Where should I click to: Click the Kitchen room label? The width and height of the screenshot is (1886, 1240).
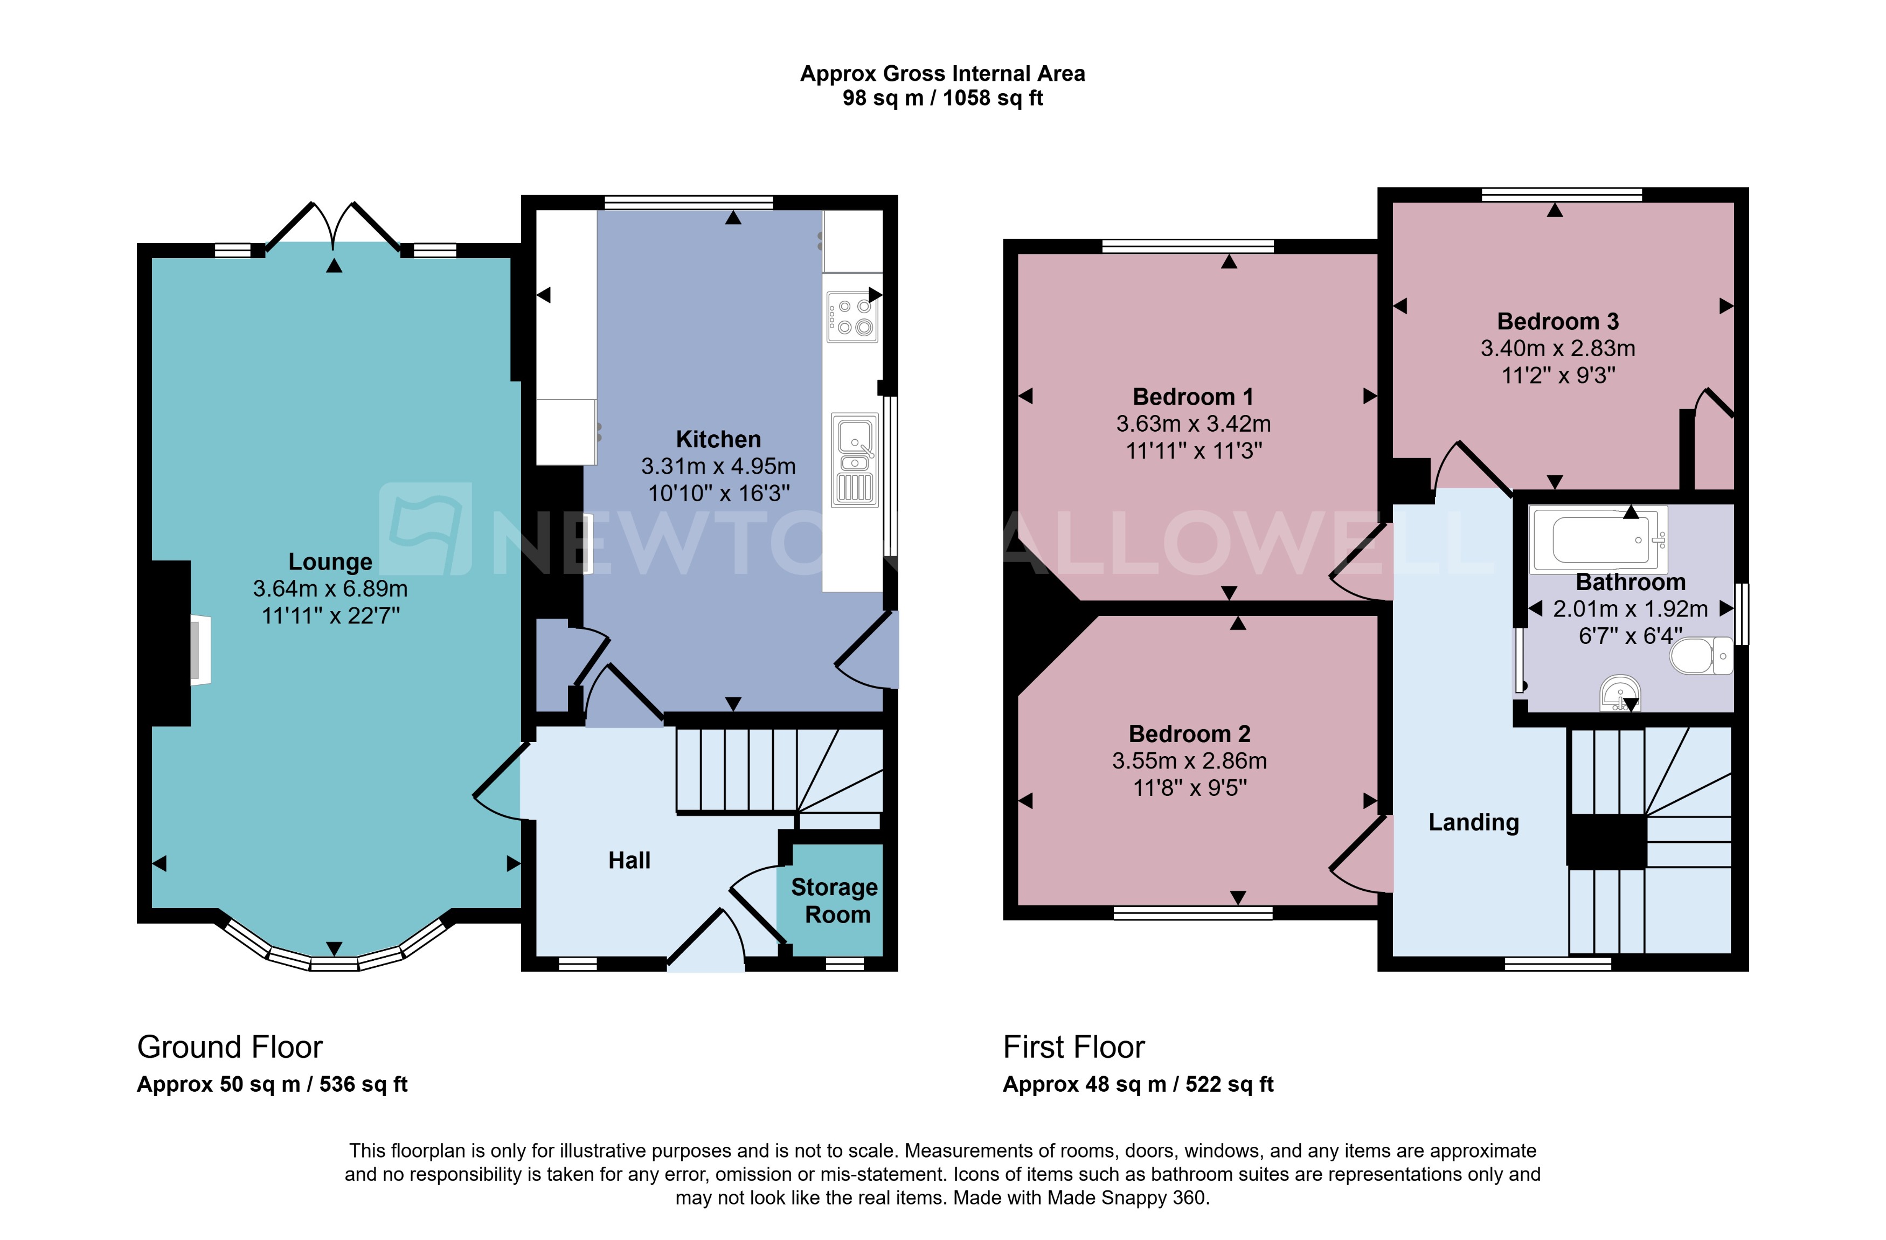click(718, 439)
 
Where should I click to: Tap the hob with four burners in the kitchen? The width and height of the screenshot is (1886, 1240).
click(852, 317)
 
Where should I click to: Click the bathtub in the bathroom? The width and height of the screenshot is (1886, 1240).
click(1599, 539)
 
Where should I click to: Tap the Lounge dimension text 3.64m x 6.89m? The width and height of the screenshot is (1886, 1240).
click(330, 588)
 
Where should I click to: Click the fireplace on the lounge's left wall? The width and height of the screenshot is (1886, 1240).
click(200, 650)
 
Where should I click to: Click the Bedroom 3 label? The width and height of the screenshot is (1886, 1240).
click(1557, 322)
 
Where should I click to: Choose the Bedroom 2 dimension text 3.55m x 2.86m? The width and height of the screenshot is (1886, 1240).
click(1189, 760)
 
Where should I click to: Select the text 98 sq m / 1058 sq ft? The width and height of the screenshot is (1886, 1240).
click(942, 98)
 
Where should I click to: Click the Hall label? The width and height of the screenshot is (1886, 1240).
click(629, 861)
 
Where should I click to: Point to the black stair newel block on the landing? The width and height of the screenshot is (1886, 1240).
click(1607, 841)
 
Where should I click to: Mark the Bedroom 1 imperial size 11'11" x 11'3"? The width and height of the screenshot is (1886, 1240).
click(1194, 451)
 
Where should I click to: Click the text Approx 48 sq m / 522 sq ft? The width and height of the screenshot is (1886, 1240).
click(1138, 1085)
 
